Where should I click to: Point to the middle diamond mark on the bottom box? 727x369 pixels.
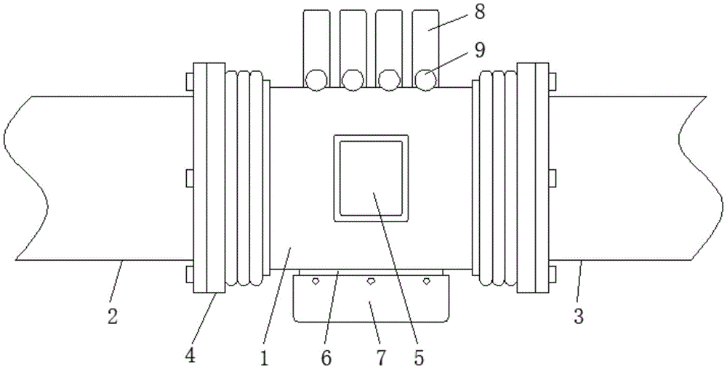coord(371,280)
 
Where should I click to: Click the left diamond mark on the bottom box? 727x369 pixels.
coord(316,280)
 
